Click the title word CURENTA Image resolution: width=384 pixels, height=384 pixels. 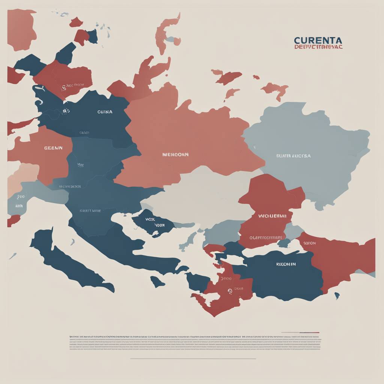coord(318,40)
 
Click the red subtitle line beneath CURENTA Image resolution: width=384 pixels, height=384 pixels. coord(318,47)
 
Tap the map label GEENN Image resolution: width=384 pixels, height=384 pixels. coord(53,148)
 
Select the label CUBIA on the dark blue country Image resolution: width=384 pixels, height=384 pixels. coord(105,112)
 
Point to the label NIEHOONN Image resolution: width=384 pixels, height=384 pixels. coord(175,154)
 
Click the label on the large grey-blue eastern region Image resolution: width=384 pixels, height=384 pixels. coord(293,156)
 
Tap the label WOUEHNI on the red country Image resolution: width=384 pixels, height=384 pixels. coord(272,216)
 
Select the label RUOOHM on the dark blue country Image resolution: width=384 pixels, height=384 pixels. coord(286,264)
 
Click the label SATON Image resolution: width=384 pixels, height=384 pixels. coord(309,243)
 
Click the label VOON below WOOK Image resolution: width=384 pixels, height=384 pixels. coord(159,225)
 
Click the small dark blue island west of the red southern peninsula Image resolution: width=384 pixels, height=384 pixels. coord(157,281)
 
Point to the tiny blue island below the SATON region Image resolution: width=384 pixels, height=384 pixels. coord(337,296)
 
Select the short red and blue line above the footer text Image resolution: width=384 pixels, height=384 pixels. coord(300,332)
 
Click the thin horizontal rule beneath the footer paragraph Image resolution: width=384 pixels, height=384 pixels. coord(193,358)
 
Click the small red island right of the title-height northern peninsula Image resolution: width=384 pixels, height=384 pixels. coord(256,77)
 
